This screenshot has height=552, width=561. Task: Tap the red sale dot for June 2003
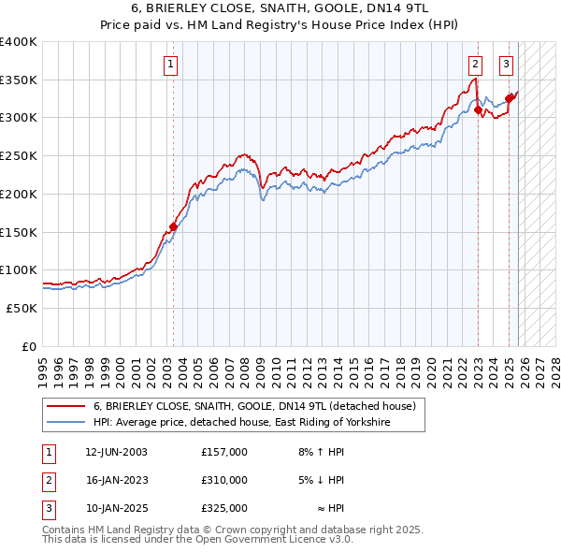[173, 226]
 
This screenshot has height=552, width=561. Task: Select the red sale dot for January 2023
[478, 109]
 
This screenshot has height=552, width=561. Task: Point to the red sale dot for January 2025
[509, 98]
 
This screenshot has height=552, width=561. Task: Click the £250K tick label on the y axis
[18, 156]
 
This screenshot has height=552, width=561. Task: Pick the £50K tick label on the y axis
[21, 308]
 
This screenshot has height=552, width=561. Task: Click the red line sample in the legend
[66, 407]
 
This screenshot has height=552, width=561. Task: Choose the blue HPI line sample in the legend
[66, 423]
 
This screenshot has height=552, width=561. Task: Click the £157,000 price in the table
[223, 452]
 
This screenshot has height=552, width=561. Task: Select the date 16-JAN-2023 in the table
[116, 480]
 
